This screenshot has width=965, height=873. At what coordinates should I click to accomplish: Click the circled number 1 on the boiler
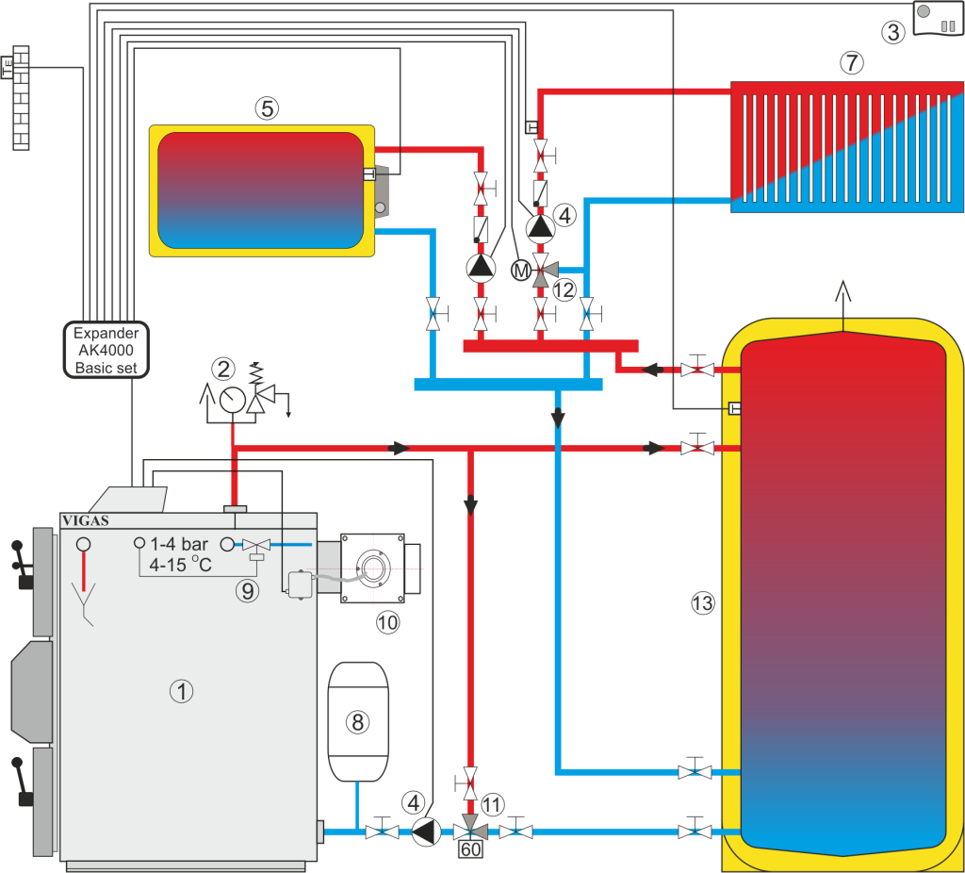pos(181,691)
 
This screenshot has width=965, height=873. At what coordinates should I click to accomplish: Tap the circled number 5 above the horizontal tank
pos(268,109)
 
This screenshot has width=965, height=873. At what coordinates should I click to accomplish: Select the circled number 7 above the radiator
pos(851,64)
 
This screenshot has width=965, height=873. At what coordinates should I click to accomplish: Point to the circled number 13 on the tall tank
pos(703,604)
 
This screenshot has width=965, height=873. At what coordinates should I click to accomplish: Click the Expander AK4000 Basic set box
pos(106,349)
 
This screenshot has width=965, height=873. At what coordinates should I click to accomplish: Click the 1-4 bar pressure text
pos(179,544)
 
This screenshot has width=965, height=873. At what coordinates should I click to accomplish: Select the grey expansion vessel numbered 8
pos(357,721)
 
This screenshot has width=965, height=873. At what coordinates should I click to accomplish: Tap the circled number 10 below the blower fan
pos(386,621)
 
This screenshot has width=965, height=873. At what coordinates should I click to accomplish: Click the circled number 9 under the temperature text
pos(247,590)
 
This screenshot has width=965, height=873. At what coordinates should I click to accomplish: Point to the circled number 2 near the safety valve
pos(223,369)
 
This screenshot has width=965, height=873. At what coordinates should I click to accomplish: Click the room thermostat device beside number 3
pos(937,18)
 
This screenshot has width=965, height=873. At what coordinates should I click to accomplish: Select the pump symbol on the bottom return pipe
pos(426,831)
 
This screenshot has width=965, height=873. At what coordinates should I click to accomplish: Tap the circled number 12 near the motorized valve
pos(564,289)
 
